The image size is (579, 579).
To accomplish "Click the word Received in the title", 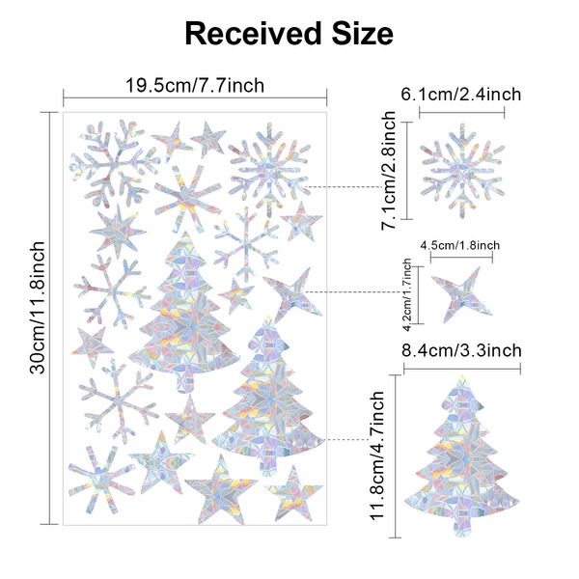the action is click(x=253, y=33).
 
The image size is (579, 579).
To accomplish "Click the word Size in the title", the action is click(x=362, y=33).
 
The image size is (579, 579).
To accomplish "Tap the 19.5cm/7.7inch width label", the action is click(x=195, y=85).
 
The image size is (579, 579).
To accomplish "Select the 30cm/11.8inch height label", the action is click(x=38, y=308).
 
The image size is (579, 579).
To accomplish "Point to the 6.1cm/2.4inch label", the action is click(x=461, y=95).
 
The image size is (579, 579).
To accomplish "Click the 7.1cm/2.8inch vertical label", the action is click(x=389, y=171).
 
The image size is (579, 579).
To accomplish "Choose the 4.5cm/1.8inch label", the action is click(x=460, y=245).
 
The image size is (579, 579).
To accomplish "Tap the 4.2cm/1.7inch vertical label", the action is click(x=407, y=294).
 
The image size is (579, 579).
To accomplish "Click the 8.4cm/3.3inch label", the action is click(x=461, y=350).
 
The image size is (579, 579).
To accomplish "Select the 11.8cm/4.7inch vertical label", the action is click(x=377, y=456).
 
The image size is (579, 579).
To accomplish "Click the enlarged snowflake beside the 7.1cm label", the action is click(x=462, y=171).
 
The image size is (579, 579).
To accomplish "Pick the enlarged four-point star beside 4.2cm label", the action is click(x=461, y=294).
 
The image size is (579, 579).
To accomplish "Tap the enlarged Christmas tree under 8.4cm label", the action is click(x=462, y=456).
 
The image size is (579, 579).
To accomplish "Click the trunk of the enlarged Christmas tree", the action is click(x=462, y=524).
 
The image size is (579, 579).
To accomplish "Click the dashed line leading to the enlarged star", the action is click(x=354, y=292).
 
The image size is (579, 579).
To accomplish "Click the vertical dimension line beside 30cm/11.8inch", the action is click(x=49, y=317).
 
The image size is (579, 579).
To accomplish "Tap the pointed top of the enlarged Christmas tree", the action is click(x=462, y=376).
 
